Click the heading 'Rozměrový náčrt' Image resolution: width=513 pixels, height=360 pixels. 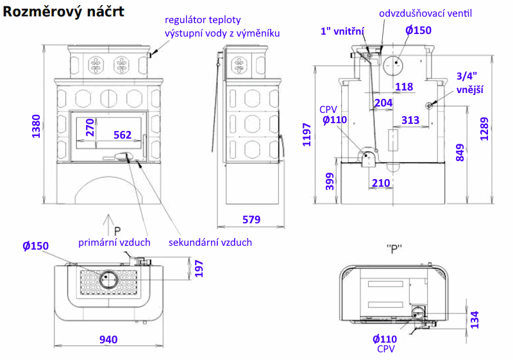[63, 12]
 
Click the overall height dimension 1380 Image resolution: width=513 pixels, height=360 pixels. [36, 126]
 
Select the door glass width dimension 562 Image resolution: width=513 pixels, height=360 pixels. [122, 135]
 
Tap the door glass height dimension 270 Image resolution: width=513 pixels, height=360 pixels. [90, 127]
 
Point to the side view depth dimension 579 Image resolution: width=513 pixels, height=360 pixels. [251, 219]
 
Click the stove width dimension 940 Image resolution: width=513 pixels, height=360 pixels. [108, 339]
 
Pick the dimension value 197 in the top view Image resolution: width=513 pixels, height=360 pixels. [199, 269]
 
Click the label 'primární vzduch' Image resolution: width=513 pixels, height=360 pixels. [114, 243]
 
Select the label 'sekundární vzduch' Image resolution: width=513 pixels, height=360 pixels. [210, 243]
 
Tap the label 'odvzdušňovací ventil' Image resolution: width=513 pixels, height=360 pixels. [425, 13]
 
